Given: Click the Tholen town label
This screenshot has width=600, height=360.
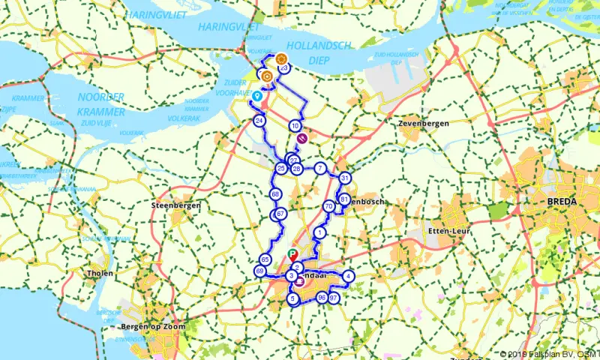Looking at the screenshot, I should coord(100,273).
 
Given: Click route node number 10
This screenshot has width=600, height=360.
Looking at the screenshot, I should coord(295,125).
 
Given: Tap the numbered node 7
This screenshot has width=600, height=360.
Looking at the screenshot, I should coord(319,168).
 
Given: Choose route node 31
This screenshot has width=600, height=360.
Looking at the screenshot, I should coord(344,178).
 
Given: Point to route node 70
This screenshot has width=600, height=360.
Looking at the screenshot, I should coord(328,206).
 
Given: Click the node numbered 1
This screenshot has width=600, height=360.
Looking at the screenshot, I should coord(320,232).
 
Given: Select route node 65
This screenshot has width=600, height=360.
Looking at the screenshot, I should coord(264,259).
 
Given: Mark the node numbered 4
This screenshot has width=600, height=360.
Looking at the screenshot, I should coord(349,276).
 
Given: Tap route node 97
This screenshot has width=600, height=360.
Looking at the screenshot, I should coord(334,298).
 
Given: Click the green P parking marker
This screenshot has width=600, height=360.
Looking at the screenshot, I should coord(292,253).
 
